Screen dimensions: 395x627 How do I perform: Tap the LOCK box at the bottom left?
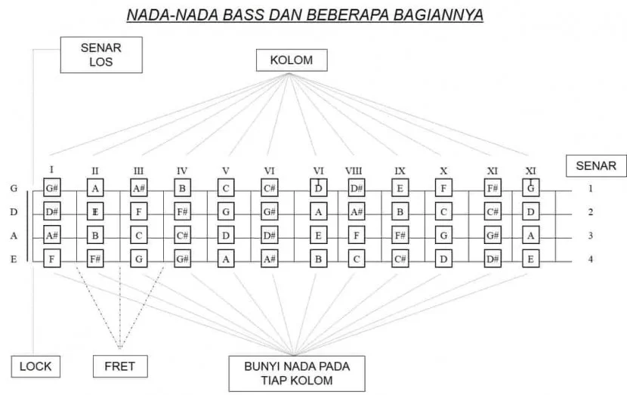[x=36, y=366]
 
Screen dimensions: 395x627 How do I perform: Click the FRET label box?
[x=119, y=366]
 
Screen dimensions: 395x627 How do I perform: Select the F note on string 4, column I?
[x=51, y=259]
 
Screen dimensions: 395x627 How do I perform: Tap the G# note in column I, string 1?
[x=51, y=188]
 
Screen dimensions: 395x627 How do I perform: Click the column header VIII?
[x=354, y=171]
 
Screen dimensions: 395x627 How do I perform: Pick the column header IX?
[x=400, y=171]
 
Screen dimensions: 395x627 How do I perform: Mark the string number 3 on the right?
[x=590, y=236]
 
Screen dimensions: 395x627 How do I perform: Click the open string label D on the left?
[x=14, y=212]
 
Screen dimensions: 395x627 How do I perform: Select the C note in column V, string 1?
[x=226, y=188]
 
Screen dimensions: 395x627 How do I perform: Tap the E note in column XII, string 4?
[x=532, y=259]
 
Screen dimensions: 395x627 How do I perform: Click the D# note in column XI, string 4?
[x=493, y=259]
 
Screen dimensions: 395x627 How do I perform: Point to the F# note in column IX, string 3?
[x=400, y=236]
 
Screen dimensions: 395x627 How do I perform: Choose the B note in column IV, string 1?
[x=182, y=188]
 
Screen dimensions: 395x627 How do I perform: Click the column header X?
[x=443, y=171]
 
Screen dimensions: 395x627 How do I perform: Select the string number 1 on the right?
[x=590, y=189]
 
